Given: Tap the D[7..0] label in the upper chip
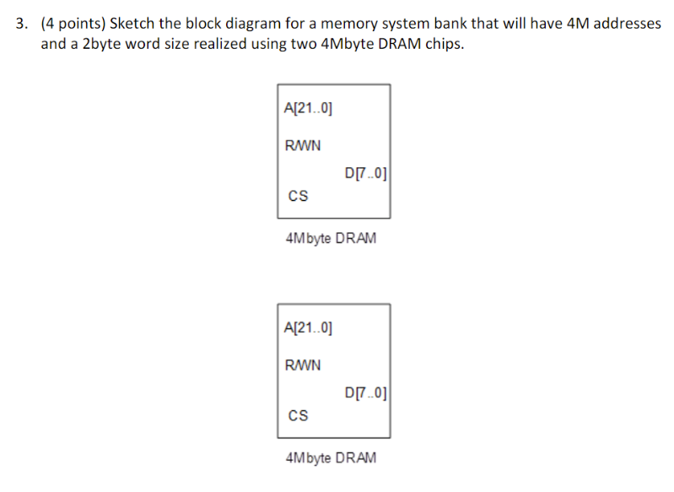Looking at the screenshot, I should (366, 175).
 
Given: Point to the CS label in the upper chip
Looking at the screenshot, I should (298, 197).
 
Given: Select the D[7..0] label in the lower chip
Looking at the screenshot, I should (366, 393).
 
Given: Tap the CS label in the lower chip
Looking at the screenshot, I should (298, 415).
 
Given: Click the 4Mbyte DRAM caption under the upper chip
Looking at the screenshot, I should (332, 238).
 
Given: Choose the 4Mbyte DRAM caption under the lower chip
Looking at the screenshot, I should (332, 457).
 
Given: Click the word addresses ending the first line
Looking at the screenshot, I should (628, 24).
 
